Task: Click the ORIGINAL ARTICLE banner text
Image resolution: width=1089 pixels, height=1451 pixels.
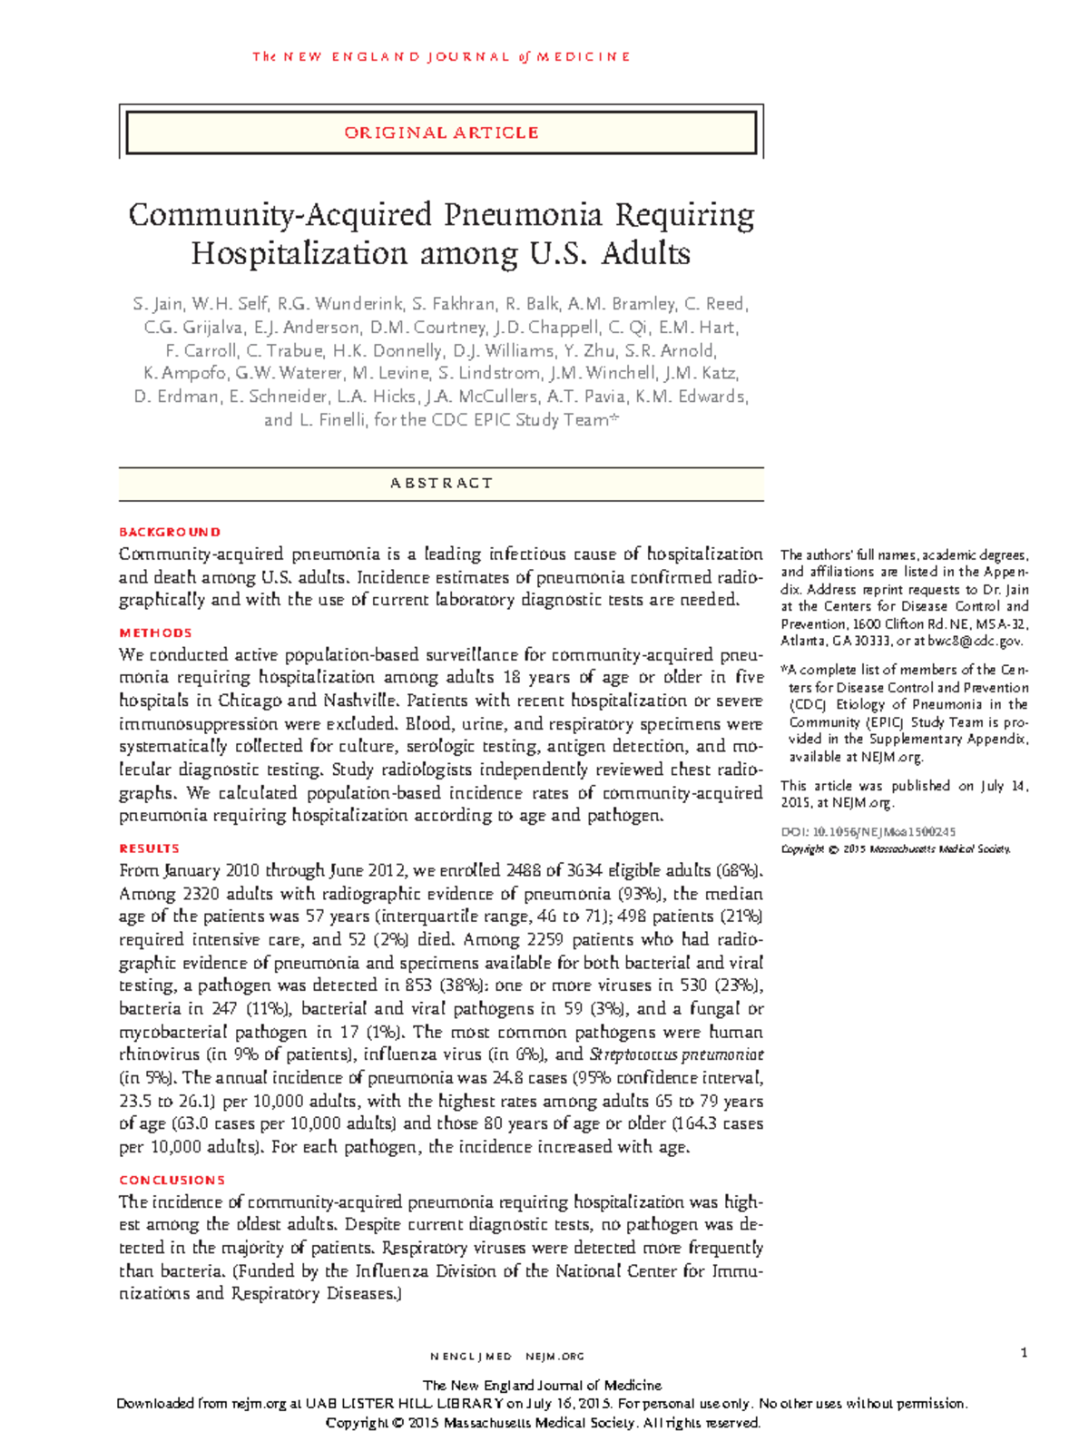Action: [441, 132]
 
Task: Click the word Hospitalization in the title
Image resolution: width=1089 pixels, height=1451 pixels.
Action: [300, 253]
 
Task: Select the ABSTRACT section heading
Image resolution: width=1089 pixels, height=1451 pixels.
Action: [441, 483]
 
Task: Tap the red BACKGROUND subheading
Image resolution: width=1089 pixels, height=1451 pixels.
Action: [170, 532]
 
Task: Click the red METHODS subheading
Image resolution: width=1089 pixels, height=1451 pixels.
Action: [155, 632]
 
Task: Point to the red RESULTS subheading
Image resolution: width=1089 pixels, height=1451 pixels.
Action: [150, 848]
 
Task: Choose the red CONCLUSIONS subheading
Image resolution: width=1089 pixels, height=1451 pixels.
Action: [172, 1180]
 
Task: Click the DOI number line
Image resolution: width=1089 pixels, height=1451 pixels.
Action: [868, 831]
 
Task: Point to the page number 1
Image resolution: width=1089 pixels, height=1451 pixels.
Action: [1024, 1353]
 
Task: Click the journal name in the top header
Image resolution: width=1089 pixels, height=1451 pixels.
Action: [441, 56]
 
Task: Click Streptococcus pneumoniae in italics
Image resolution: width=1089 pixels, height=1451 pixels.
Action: [676, 1054]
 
